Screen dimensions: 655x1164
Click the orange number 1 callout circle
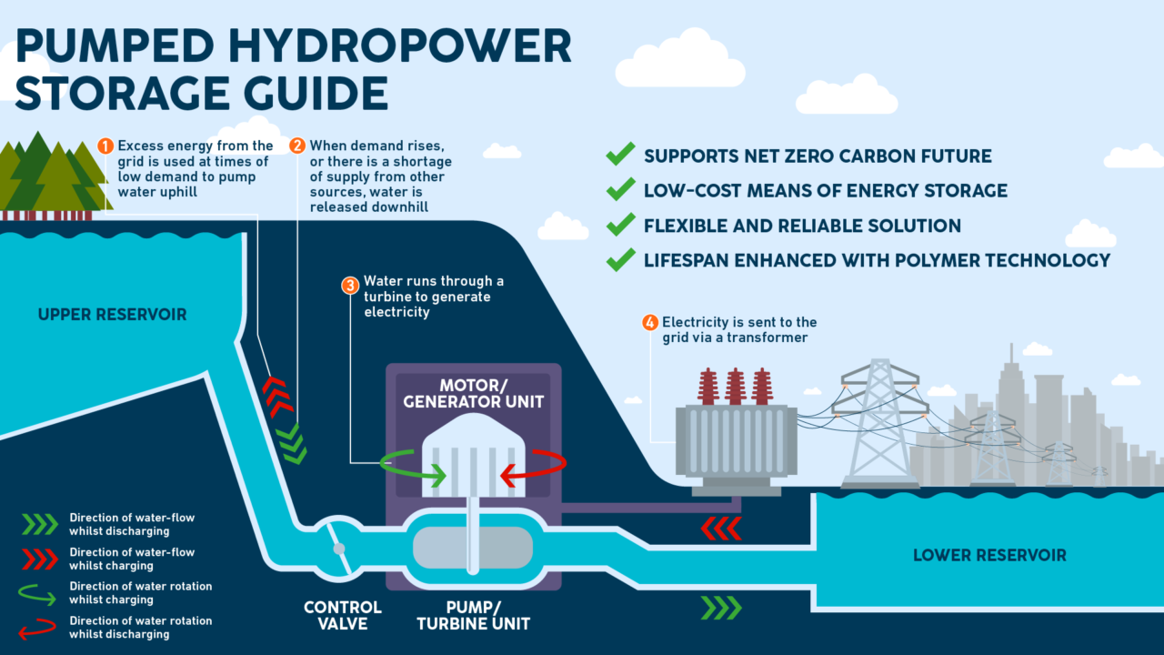tap(105, 146)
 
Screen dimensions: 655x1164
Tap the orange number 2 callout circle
tap(297, 146)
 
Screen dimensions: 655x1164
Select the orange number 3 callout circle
tap(350, 285)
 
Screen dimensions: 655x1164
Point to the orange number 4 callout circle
tap(649, 322)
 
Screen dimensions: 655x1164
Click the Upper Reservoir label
tap(112, 315)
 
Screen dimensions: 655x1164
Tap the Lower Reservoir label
tap(989, 555)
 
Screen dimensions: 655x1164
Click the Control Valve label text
tap(343, 615)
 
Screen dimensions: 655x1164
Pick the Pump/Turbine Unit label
tap(473, 615)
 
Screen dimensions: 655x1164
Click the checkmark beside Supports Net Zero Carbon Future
tap(620, 156)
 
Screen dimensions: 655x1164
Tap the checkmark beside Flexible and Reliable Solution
tap(620, 225)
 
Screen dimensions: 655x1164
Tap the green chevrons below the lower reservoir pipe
tap(720, 608)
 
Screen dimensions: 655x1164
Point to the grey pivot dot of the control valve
tap(338, 549)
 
